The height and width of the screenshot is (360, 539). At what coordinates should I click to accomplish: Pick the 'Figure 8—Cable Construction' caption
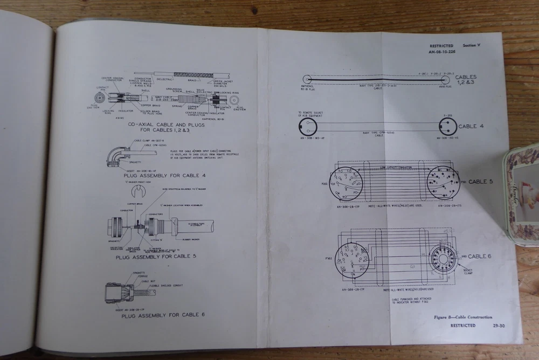[x=463, y=317]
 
